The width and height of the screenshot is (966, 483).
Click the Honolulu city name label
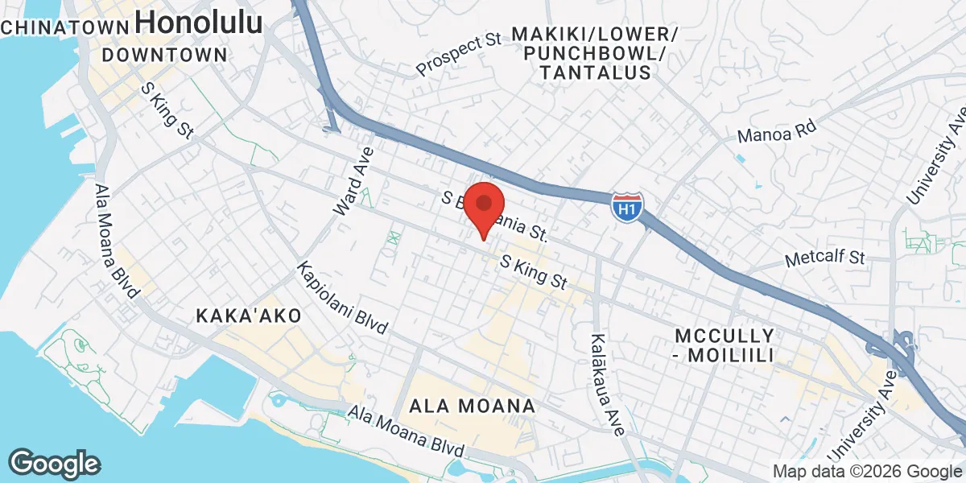tap(199, 23)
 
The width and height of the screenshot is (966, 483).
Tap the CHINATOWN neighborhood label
tap(64, 27)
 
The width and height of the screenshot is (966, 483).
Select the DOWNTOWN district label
tap(165, 55)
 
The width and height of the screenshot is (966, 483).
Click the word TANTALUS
tap(595, 73)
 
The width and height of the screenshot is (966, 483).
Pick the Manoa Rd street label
tap(776, 131)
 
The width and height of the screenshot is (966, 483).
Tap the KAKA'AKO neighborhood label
tap(248, 316)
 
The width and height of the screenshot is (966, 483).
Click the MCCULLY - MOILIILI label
tap(724, 345)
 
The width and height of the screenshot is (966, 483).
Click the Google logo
tap(54, 463)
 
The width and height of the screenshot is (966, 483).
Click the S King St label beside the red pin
tap(534, 273)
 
